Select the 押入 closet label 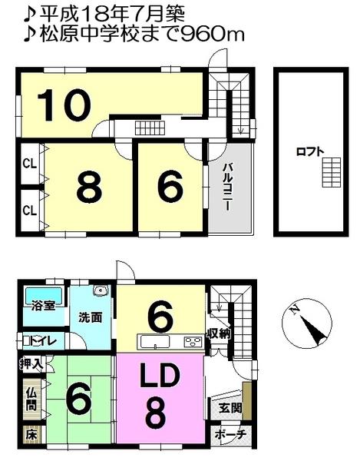28,365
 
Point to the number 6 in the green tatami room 80,399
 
